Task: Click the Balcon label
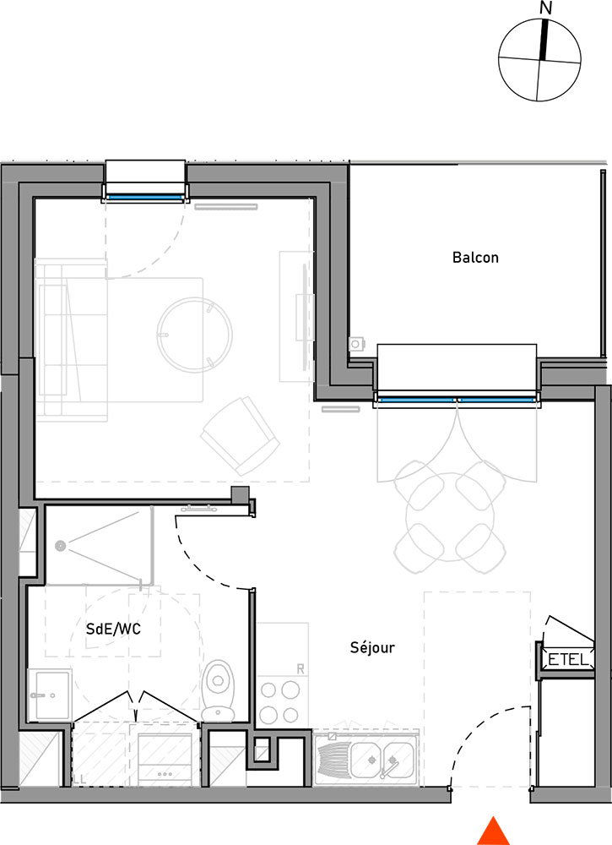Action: click(475, 258)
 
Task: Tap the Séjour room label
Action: click(372, 646)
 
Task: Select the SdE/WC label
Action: click(114, 629)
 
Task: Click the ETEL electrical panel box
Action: click(568, 659)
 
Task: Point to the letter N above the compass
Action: click(546, 8)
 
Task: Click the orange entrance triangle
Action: click(493, 831)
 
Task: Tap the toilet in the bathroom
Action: click(218, 690)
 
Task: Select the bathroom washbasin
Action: click(50, 695)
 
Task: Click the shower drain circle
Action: click(60, 546)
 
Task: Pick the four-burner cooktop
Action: click(279, 701)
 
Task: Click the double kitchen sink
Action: click(382, 760)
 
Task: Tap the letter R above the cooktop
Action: click(301, 668)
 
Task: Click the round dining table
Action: click(449, 517)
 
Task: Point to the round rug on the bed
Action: click(195, 335)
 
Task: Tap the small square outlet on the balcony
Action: click(355, 344)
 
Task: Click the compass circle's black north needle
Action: click(544, 40)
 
